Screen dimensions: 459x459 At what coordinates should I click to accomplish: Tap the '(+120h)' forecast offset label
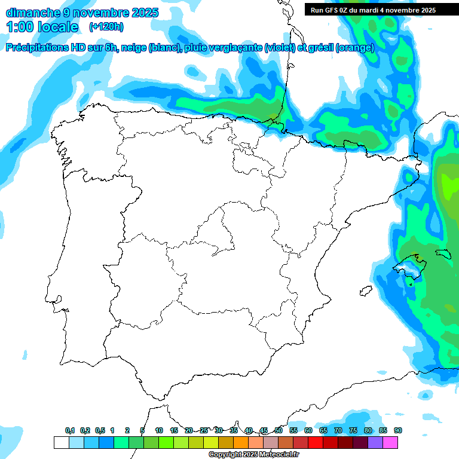click(x=106, y=27)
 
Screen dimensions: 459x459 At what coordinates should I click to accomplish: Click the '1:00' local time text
click(x=20, y=27)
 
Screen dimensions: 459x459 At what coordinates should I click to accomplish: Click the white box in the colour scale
click(x=61, y=442)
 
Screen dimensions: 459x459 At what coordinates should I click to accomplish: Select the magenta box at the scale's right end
click(x=390, y=442)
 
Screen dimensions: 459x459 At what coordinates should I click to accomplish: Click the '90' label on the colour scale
click(x=398, y=430)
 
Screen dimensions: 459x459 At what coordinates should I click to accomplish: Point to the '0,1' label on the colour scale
click(x=69, y=430)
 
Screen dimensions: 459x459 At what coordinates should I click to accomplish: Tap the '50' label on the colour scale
click(x=279, y=430)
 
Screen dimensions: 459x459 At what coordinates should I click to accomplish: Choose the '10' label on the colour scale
click(x=159, y=430)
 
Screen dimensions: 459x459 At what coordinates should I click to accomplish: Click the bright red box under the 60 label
click(x=316, y=442)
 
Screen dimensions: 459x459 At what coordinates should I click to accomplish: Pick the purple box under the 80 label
click(x=375, y=442)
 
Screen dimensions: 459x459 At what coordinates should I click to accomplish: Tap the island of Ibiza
click(x=365, y=291)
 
